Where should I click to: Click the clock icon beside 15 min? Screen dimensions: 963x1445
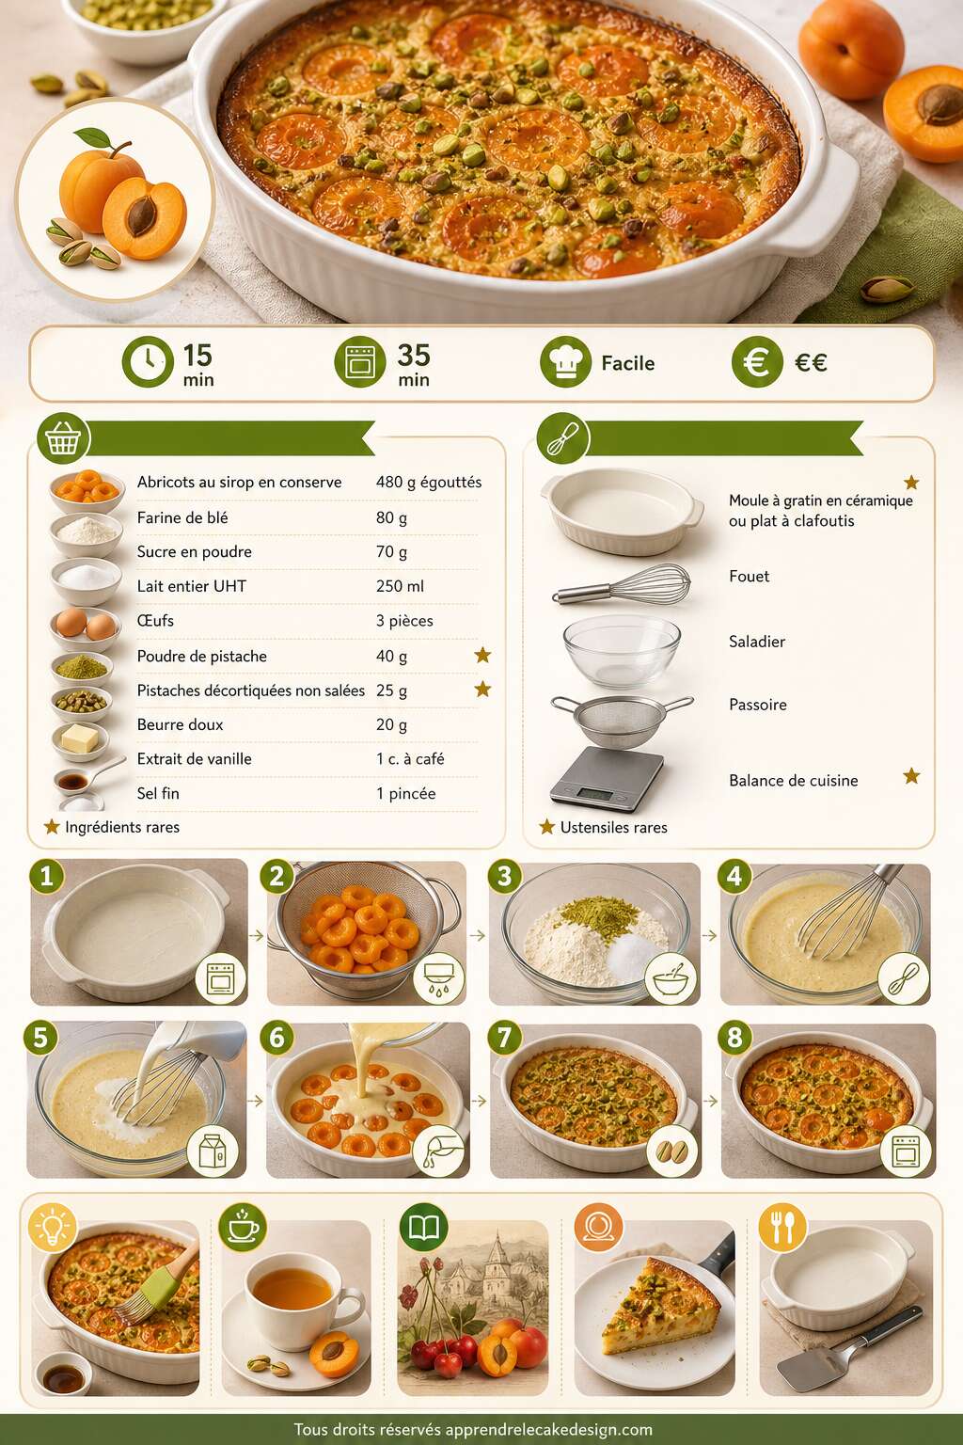coord(148,361)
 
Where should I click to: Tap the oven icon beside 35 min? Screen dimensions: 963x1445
coord(360,361)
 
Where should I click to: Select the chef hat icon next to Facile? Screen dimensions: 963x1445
coord(566,361)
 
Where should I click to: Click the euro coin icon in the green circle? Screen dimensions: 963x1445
coord(757,361)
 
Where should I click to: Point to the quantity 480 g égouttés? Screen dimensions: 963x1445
coord(429,482)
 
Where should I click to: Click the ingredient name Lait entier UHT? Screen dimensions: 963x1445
coord(192,586)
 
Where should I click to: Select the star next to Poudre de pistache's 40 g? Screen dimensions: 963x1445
coord(482,656)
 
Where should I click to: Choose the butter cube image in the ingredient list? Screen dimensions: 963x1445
coord(80,740)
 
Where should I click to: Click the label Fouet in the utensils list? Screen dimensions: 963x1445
coord(749,576)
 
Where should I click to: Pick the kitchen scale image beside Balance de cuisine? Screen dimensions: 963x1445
coord(607,779)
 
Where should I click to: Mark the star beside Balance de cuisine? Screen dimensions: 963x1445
coord(911,775)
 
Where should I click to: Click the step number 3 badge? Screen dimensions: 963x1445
coord(504,876)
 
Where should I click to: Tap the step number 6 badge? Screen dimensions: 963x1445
coord(276,1038)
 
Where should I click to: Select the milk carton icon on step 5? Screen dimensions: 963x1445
coord(213,1151)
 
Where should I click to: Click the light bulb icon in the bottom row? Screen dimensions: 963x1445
coord(53,1227)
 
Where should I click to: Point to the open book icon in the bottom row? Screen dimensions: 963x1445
coord(424,1228)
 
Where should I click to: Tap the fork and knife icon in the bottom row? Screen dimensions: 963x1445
coord(782,1228)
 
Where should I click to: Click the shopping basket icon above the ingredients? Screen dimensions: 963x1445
coord(63,438)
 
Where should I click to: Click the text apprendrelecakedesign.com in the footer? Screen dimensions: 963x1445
coord(549,1430)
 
